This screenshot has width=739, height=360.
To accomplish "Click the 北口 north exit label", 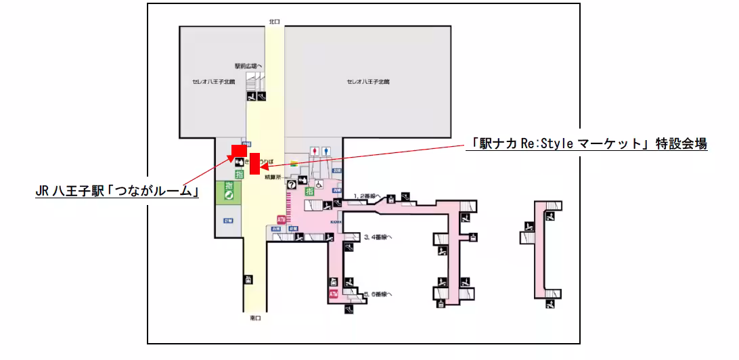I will pyautogui.click(x=274, y=22).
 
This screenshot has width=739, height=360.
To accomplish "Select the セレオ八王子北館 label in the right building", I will pyautogui.click(x=368, y=81).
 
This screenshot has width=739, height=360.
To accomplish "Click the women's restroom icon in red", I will pyautogui.click(x=314, y=150).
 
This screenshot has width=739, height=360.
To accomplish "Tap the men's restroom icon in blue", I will pyautogui.click(x=326, y=150).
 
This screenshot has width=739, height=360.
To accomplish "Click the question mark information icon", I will pyautogui.click(x=292, y=183).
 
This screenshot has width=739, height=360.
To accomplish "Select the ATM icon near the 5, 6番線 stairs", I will pyautogui.click(x=333, y=294).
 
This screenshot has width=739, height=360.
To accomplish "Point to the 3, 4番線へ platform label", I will pyautogui.click(x=378, y=237).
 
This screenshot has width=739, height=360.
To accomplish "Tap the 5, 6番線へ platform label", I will pyautogui.click(x=378, y=294).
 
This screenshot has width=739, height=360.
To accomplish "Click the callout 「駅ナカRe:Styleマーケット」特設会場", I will pyautogui.click(x=587, y=143).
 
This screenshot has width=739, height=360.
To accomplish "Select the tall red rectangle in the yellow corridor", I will pyautogui.click(x=254, y=164).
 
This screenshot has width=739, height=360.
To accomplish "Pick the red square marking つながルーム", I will pyautogui.click(x=238, y=151).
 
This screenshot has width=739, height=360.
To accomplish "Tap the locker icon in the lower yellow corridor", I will pyautogui.click(x=248, y=279).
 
